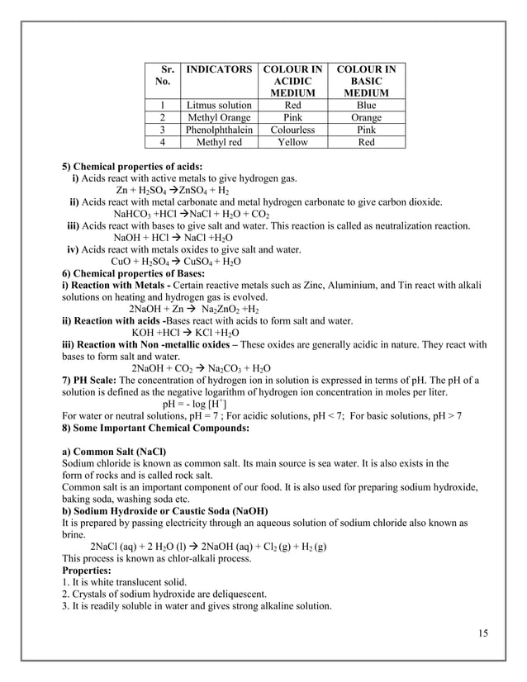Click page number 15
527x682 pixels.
pos(483,633)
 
